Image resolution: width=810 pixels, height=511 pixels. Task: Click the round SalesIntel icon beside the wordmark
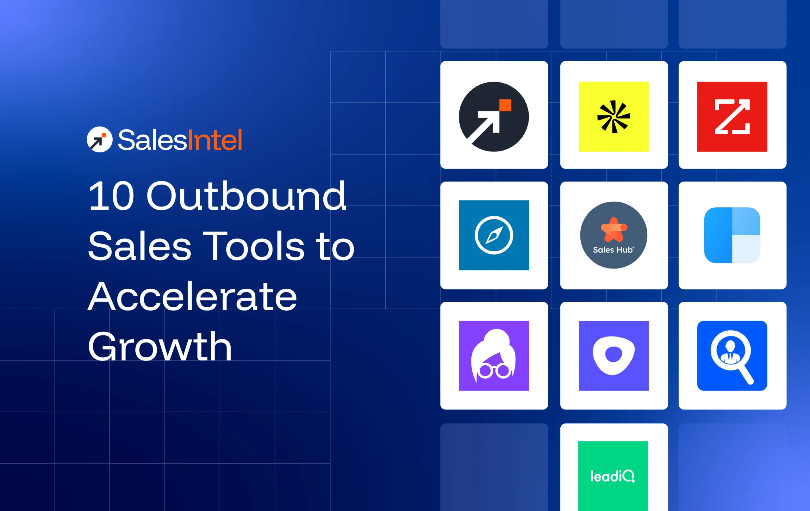(x=100, y=139)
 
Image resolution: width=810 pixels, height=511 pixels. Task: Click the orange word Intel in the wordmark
(x=215, y=140)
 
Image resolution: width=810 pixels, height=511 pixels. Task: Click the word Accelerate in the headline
(x=192, y=297)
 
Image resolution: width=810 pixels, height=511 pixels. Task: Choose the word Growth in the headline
(x=160, y=347)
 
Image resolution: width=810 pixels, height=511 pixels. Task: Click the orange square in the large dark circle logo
(x=505, y=105)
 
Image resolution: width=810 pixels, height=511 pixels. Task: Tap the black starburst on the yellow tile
(x=614, y=117)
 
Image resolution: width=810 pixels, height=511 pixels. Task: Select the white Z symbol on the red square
(x=732, y=117)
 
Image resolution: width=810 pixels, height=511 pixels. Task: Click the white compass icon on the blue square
(x=494, y=235)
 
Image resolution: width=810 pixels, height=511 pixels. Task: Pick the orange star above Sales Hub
(x=614, y=230)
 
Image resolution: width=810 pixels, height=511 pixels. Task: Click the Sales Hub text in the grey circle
(x=613, y=250)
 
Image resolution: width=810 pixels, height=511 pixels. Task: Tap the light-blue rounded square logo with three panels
(x=732, y=235)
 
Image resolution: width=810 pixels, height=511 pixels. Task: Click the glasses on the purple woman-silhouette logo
(x=494, y=371)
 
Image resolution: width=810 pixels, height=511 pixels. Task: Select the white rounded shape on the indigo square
(x=614, y=355)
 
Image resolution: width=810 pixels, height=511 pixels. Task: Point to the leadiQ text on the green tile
(x=613, y=476)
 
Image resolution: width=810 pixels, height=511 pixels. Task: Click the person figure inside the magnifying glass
(x=730, y=351)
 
